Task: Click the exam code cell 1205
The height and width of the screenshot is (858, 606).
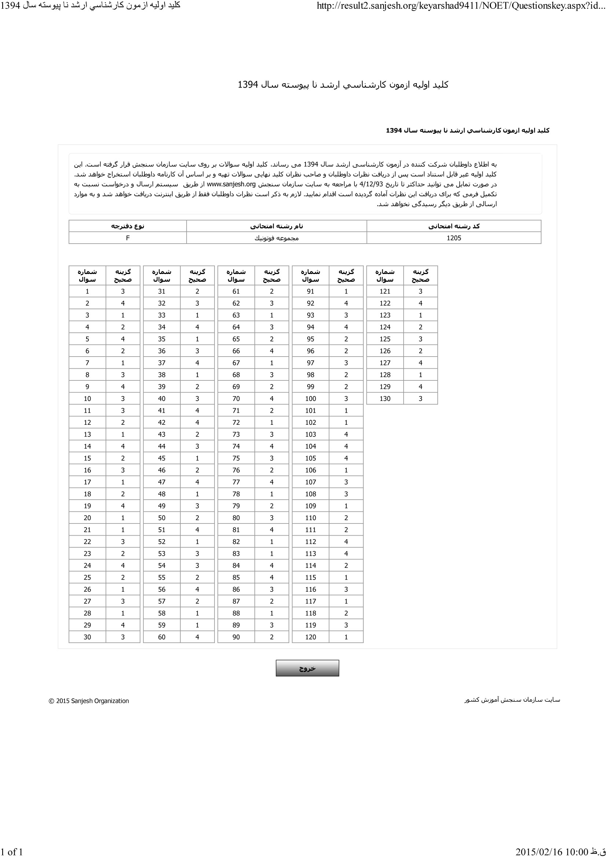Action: point(453,238)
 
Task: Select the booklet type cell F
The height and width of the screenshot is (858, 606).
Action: point(128,238)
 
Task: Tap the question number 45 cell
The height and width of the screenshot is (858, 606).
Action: point(162,458)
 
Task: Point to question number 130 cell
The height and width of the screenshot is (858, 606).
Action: point(385,398)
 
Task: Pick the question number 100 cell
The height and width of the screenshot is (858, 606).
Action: point(311,398)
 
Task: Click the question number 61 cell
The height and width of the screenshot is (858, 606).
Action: point(236,292)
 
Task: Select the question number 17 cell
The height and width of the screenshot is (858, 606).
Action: point(87,482)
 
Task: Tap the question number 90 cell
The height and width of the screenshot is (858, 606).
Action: point(236,637)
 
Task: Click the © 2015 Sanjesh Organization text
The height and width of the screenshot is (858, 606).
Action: point(89,701)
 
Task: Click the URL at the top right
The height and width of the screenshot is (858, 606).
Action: point(461,6)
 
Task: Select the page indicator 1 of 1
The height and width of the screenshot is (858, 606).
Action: point(12,852)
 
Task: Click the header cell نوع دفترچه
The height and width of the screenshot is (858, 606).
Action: point(128,226)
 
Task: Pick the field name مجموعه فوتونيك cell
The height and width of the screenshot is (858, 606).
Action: point(277,238)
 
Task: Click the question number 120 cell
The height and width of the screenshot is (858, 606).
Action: point(311,637)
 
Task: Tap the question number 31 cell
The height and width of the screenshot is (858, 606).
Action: point(162,292)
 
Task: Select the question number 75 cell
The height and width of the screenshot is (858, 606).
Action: point(236,458)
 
